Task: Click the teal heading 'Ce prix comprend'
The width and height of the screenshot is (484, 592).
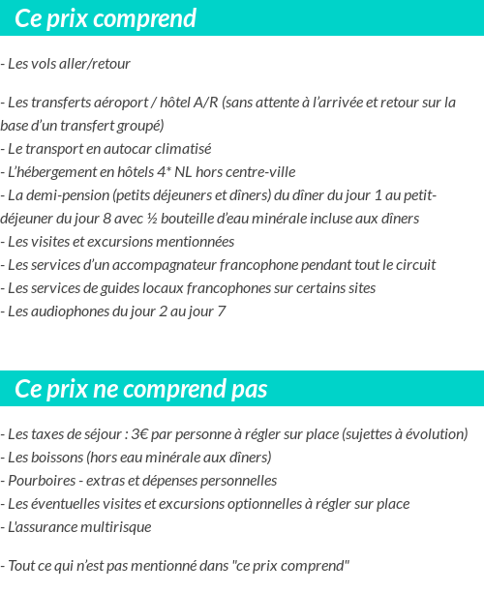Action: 106,18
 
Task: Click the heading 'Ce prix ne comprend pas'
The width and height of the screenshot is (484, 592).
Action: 141,389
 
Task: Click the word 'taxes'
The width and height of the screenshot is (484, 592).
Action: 49,434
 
